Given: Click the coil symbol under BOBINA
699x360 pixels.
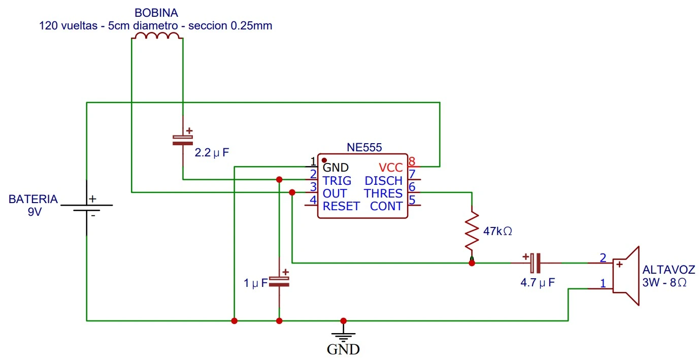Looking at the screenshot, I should click(157, 36).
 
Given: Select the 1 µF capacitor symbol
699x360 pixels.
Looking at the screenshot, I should click(279, 281).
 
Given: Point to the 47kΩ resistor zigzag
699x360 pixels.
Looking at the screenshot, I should click(472, 231).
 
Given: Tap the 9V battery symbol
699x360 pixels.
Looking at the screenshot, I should click(87, 208).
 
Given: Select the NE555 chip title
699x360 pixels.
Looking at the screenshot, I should click(364, 148).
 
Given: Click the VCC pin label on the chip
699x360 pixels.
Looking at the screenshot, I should click(390, 168).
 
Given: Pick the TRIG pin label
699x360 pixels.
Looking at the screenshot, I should click(337, 181).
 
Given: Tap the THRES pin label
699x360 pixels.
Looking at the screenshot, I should click(383, 193).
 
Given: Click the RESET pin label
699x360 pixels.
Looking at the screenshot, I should click(341, 206).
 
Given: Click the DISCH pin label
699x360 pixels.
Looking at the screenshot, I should click(383, 181).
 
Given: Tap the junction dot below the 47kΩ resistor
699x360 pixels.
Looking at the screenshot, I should click(472, 263).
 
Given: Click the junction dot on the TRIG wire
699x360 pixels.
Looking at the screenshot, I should click(279, 179).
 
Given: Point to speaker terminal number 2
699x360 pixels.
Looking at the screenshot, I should click(603, 258).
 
